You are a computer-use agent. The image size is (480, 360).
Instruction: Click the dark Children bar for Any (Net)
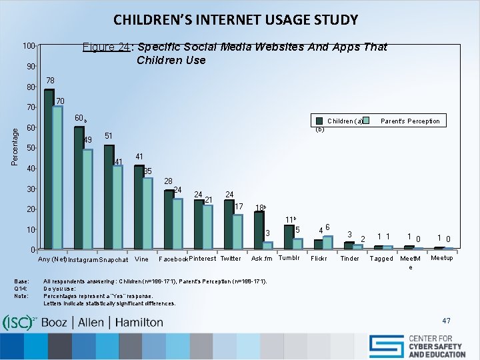49,169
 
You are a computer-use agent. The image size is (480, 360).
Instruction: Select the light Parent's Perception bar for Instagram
87,199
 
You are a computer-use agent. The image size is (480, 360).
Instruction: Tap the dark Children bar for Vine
139,207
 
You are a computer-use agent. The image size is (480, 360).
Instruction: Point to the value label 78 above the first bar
50,81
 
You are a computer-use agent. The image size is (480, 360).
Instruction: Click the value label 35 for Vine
148,171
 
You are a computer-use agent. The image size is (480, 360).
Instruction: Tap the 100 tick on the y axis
28,46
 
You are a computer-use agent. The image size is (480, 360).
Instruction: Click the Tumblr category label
289,258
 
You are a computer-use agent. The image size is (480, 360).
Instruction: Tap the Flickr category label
319,259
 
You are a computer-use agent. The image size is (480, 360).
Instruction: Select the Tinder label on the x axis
349,259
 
